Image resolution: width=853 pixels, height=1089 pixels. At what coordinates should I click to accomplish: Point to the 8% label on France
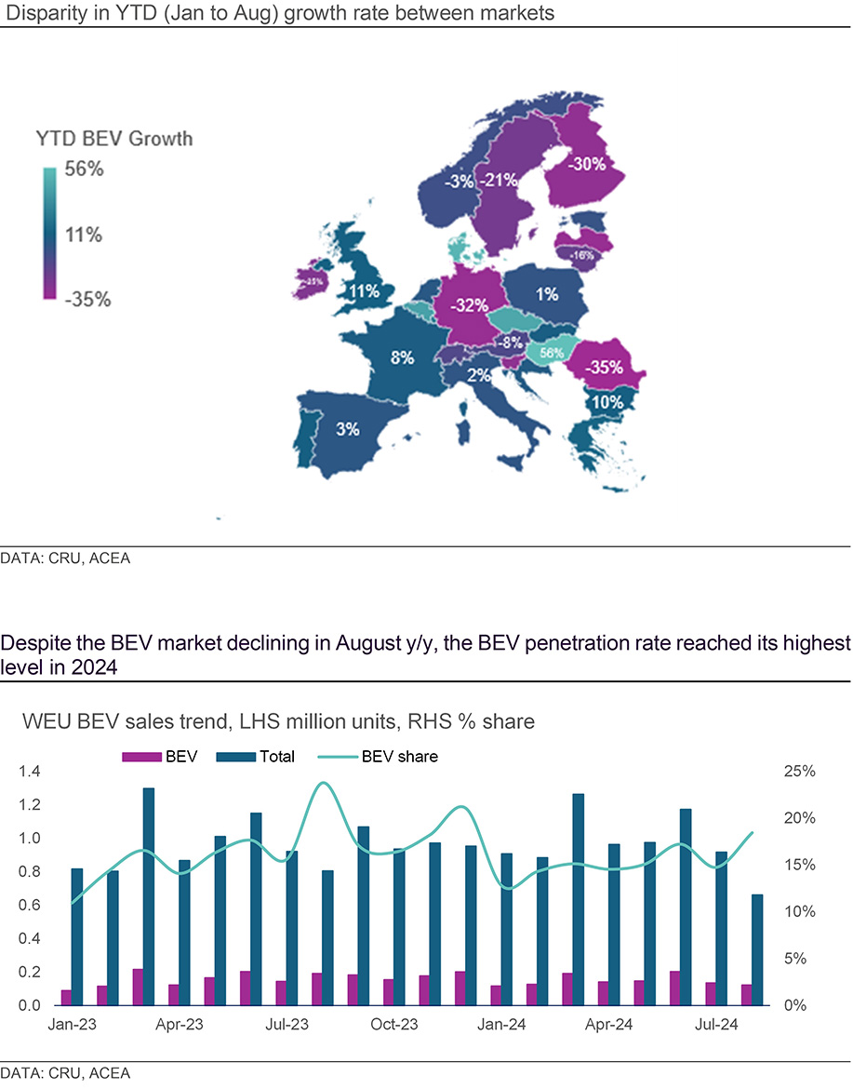coord(402,358)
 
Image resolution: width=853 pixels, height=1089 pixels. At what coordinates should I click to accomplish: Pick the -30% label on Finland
coord(587,164)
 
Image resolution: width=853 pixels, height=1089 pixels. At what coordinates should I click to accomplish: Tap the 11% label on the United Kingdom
coord(363,291)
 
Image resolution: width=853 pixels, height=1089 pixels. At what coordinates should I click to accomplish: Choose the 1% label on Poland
coord(547,295)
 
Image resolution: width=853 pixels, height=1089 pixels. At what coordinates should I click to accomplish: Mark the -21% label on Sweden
coord(500,181)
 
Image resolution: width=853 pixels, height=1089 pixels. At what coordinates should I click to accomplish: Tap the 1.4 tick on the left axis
coord(30,772)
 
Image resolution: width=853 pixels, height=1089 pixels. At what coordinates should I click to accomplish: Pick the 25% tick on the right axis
coord(800,772)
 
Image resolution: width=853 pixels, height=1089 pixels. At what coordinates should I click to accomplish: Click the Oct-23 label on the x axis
coord(394,1025)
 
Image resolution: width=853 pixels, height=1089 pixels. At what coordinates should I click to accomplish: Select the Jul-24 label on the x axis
coord(716,1025)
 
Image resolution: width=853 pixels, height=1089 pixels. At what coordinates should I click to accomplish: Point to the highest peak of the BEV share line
coord(323,783)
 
